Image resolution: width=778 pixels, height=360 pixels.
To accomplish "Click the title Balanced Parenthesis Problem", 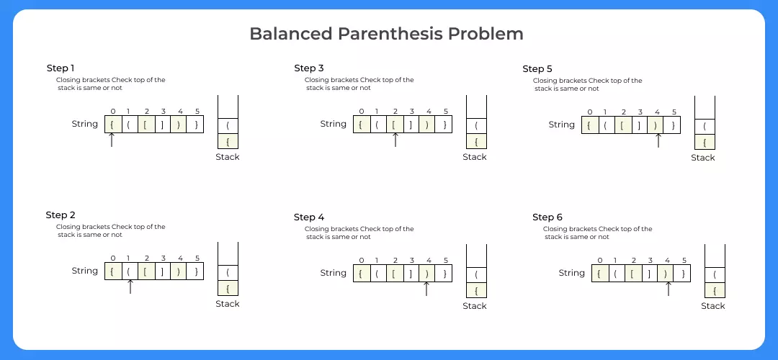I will point(386,34).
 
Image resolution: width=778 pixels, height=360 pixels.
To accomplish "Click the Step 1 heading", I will point(61,68).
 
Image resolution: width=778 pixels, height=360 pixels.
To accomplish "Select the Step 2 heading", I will point(61,215).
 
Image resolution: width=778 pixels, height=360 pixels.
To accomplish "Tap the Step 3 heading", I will point(310,68).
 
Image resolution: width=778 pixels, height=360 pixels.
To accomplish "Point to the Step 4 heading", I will point(309,217).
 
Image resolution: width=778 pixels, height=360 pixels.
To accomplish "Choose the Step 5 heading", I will point(537,68).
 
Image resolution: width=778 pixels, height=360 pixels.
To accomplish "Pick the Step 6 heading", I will point(547,217).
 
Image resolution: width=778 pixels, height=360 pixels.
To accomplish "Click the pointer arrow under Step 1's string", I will point(112,140).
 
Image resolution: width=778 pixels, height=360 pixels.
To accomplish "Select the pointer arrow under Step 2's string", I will point(130,286).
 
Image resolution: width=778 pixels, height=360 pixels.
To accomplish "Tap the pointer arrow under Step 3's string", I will point(395,140).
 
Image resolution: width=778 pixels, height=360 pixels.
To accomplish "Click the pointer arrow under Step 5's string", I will point(657,140).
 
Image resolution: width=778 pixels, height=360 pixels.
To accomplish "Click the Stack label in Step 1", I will point(228,157).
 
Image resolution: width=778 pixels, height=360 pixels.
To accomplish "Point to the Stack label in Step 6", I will point(712,306).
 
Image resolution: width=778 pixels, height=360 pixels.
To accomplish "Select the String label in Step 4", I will point(334,273).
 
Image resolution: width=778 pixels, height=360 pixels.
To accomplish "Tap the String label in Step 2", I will point(85,271).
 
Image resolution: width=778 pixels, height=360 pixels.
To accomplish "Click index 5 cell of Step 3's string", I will point(445,124).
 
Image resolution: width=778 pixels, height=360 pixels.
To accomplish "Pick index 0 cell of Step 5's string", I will point(590,125).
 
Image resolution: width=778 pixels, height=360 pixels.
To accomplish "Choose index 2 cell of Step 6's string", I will point(634,273).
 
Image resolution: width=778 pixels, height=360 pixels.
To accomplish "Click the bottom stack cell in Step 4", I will point(475,289).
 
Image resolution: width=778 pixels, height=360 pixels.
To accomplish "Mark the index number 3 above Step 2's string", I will point(164,258).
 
